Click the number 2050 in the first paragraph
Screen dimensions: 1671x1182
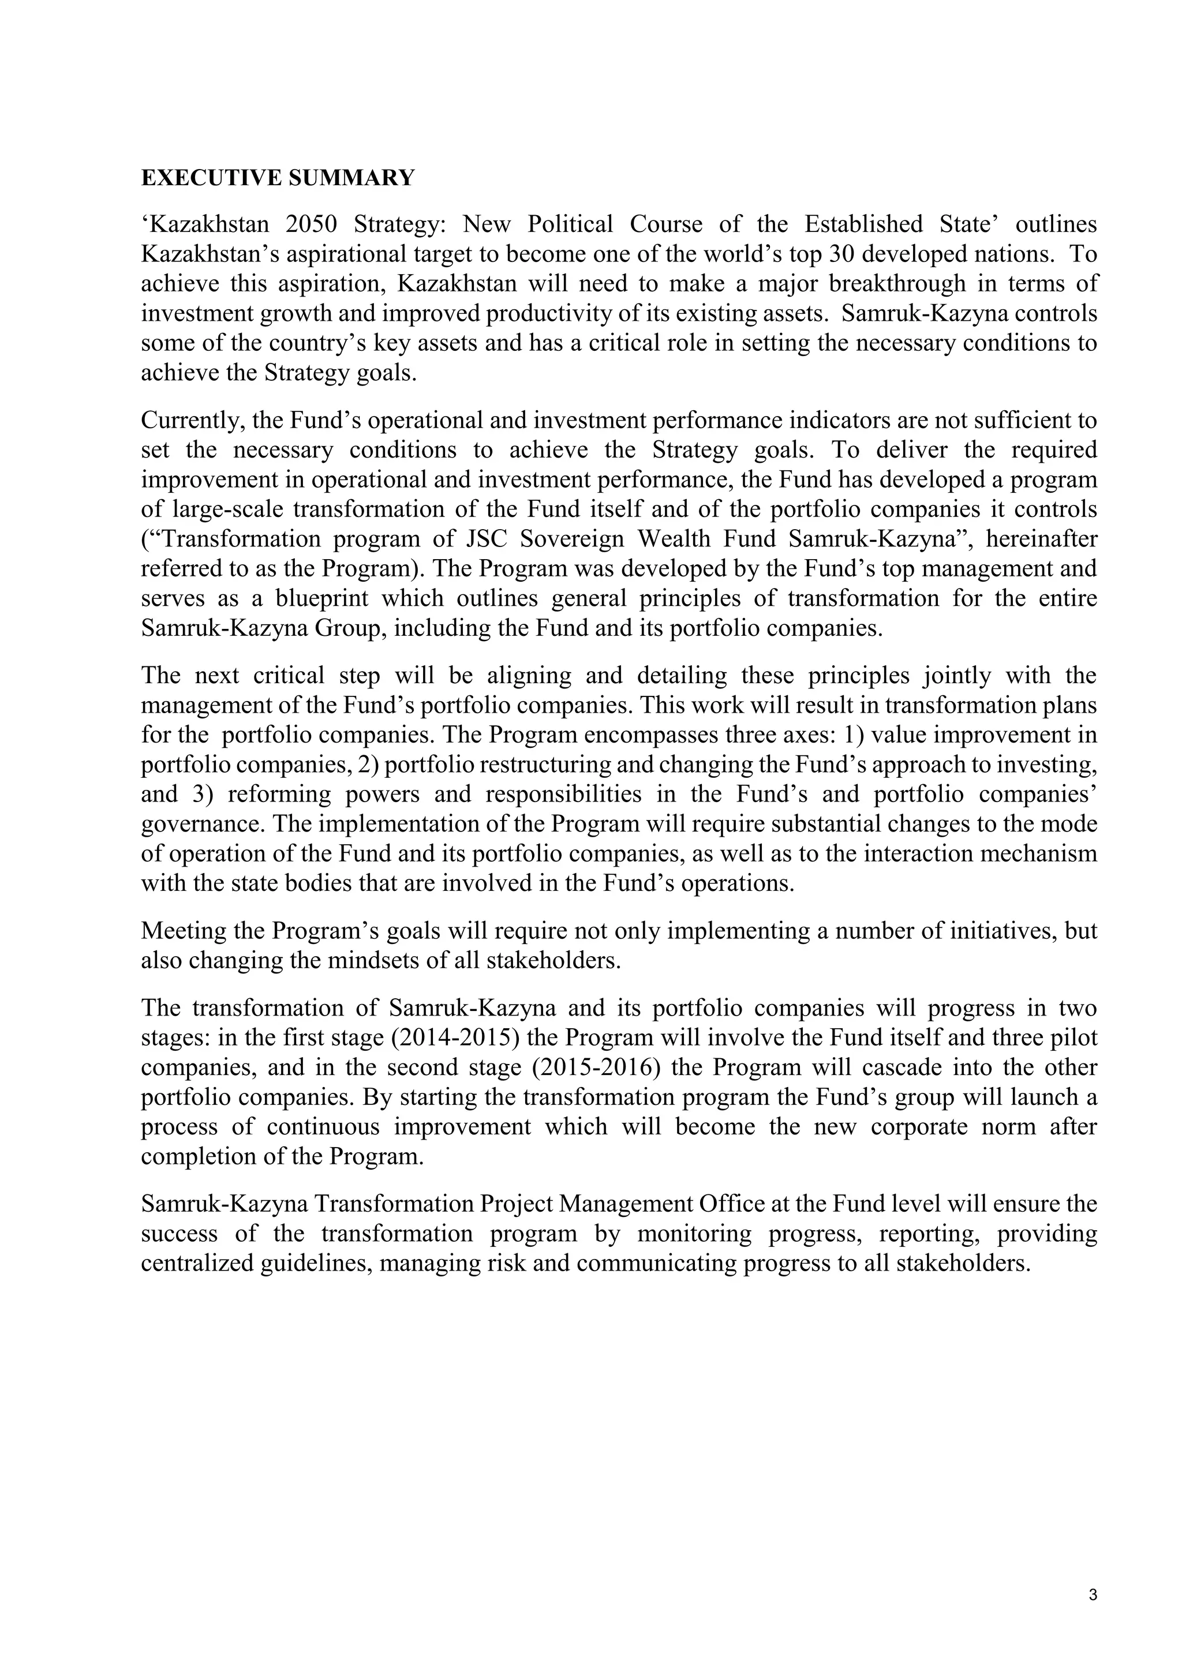click(x=311, y=224)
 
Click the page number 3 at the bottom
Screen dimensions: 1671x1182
click(x=1093, y=1597)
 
